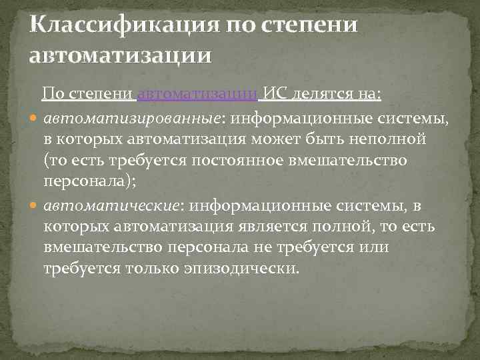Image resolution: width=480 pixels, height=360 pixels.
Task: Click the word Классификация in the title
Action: (124, 26)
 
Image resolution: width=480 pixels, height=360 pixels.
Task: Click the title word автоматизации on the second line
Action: (121, 54)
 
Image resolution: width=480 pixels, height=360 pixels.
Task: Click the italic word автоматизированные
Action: (132, 118)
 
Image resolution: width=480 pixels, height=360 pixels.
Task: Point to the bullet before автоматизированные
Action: (35, 119)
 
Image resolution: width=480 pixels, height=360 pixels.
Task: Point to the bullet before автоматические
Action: (35, 207)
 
